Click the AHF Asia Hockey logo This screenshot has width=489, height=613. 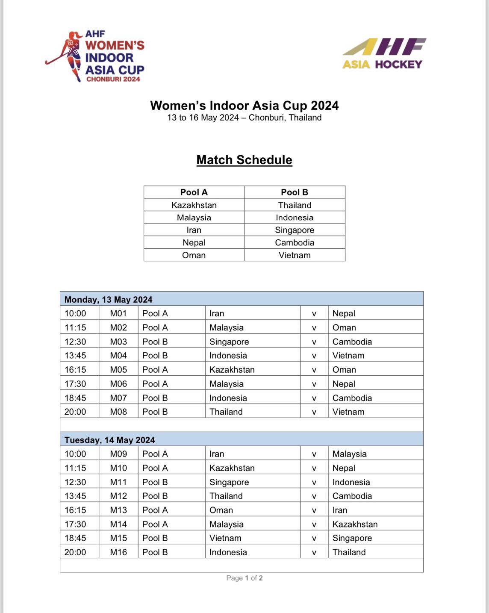(x=384, y=53)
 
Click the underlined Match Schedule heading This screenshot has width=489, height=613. (x=244, y=160)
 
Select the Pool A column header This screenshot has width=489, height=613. (x=194, y=192)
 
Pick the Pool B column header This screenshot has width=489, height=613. (x=294, y=192)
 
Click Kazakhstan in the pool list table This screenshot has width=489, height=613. (x=194, y=205)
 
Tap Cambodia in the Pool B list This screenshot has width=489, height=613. (x=294, y=242)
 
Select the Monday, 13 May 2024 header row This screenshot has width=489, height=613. (x=242, y=299)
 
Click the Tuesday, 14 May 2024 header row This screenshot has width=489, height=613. (x=242, y=440)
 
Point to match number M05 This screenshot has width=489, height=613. (x=118, y=370)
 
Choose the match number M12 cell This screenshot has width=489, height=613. (x=118, y=496)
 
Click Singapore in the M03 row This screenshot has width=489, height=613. (x=229, y=342)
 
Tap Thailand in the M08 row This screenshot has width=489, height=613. (x=226, y=412)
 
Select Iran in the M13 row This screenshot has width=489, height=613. (x=340, y=510)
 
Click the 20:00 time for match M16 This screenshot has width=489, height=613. (x=75, y=552)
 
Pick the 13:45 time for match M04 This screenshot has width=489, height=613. (x=75, y=356)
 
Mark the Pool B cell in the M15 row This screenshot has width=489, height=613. (x=155, y=538)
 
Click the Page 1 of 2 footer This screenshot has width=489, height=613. (x=244, y=578)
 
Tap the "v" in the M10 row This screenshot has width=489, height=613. (x=314, y=468)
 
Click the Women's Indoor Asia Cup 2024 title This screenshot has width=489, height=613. (x=244, y=106)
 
